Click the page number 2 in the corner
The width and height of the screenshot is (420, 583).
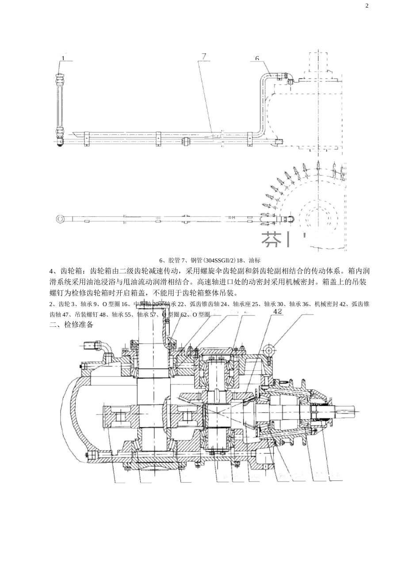tap(367, 6)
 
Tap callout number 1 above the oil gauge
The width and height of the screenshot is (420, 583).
tap(63, 58)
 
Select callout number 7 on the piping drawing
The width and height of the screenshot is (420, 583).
tap(203, 56)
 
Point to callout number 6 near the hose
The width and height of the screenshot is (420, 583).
tap(257, 58)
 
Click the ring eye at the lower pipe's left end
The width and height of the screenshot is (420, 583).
tap(60, 219)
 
